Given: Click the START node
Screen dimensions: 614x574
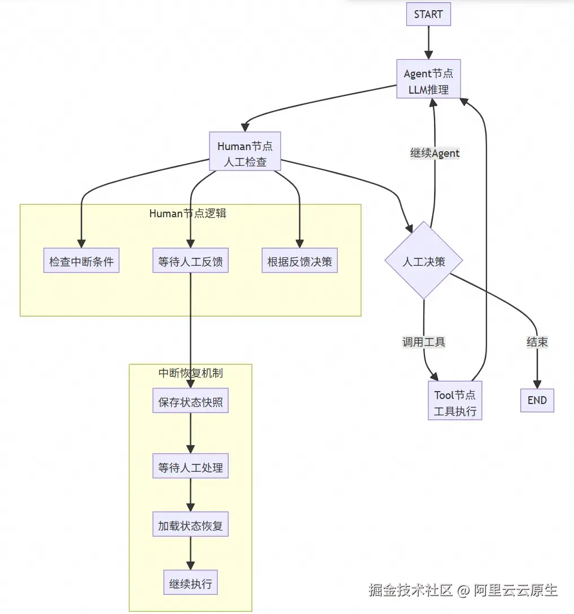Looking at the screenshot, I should click(428, 14).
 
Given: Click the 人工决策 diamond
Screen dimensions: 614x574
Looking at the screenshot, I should click(424, 261).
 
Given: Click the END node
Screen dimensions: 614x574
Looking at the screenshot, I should click(537, 400).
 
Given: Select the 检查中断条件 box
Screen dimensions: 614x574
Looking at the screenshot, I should click(81, 262).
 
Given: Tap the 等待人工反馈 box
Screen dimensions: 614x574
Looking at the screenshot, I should click(190, 262).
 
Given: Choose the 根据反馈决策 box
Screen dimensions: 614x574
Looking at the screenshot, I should click(299, 262).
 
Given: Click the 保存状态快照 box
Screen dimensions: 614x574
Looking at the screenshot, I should click(190, 402).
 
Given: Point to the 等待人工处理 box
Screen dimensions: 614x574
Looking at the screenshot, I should click(190, 468).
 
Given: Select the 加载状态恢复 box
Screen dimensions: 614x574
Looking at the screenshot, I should click(190, 526).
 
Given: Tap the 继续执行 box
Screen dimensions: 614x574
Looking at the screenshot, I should click(190, 584).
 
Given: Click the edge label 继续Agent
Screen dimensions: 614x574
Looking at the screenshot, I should click(435, 153).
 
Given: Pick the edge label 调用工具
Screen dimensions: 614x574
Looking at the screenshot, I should click(423, 342).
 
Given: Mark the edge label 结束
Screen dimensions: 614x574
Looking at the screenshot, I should click(537, 342).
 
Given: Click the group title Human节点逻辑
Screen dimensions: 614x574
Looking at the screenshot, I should click(187, 213).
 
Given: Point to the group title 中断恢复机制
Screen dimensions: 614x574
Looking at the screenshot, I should click(190, 373).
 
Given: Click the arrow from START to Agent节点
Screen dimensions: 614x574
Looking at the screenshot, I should click(428, 42).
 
